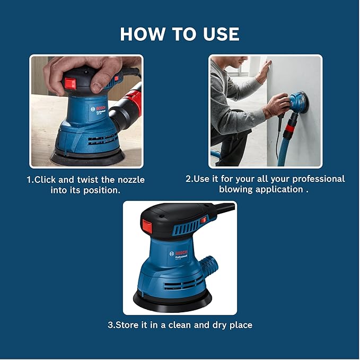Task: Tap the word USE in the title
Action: click(217, 34)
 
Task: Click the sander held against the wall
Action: click(298, 102)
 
